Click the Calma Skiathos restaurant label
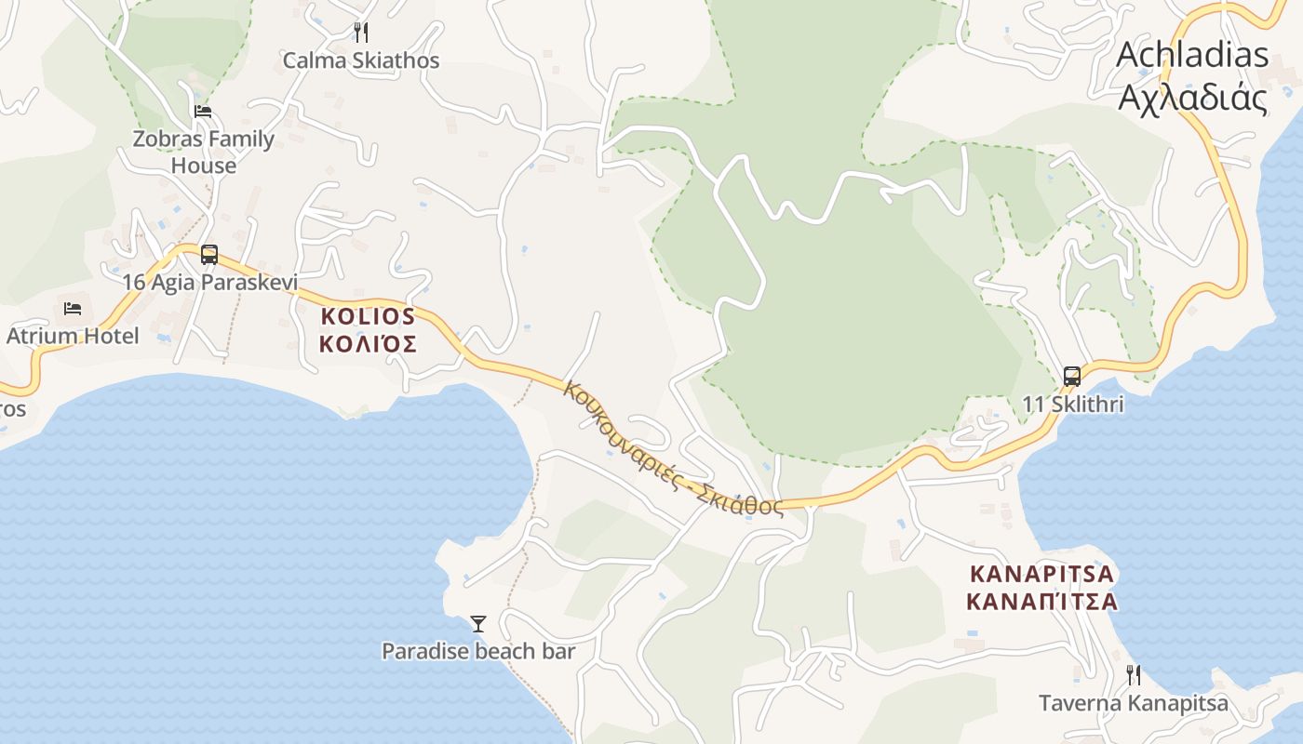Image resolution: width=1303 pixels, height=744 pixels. tap(360, 61)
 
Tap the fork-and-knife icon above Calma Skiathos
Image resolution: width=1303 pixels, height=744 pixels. tap(361, 33)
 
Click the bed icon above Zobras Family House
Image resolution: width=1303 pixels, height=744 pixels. tap(203, 112)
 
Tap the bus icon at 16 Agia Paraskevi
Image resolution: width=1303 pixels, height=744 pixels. tap(209, 254)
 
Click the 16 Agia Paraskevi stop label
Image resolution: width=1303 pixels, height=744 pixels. tap(209, 282)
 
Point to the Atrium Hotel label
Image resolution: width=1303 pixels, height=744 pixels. tap(73, 336)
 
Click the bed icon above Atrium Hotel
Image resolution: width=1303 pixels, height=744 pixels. tap(73, 308)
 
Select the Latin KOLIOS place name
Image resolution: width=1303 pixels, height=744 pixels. tap(368, 316)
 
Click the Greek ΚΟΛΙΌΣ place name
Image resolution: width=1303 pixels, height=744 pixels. tap(368, 345)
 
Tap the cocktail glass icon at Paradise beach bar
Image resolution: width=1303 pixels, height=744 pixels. tap(478, 623)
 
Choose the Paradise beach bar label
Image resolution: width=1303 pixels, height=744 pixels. tap(478, 651)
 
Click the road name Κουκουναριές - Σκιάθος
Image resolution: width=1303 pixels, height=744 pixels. tap(673, 448)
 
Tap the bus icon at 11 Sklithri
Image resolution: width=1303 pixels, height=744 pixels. tap(1072, 377)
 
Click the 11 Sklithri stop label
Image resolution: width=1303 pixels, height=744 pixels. tap(1073, 405)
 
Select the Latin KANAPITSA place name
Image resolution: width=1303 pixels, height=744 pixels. tap(1041, 573)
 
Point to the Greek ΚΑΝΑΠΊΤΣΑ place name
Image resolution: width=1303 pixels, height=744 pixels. tap(1041, 601)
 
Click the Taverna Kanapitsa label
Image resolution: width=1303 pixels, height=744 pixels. tap(1134, 703)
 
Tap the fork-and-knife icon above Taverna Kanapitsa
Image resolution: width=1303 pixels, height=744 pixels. tap(1134, 674)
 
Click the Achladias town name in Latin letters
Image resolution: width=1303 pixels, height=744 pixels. tap(1192, 55)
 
